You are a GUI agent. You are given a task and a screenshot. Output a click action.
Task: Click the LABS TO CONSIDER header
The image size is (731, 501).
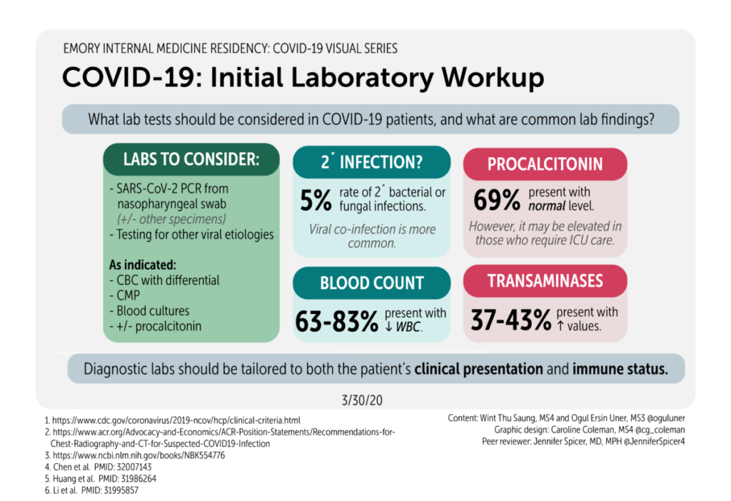coord(191,159)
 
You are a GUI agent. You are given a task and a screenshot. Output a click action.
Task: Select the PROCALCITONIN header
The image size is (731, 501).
coord(545,164)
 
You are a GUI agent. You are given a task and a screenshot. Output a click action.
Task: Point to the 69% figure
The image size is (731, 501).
coord(496,201)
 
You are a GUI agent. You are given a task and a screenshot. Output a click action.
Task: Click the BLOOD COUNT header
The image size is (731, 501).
coord(371,283)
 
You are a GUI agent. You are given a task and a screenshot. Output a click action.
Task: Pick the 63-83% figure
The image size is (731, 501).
coord(336,322)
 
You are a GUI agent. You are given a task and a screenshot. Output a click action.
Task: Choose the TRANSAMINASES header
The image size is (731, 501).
coord(545,282)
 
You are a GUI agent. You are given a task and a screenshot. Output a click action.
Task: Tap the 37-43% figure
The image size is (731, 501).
coord(510,320)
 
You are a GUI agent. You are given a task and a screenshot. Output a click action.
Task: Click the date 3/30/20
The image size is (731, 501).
coord(365,398)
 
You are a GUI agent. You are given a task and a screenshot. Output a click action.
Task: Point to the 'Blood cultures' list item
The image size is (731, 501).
coord(153,310)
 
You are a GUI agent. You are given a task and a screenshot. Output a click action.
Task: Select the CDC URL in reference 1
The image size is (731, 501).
coord(182,420)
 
